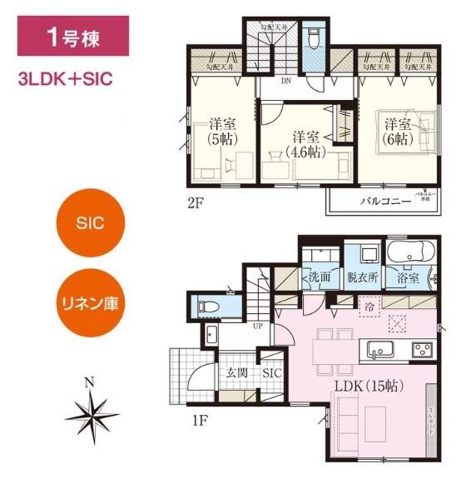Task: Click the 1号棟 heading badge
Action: coord(73,40)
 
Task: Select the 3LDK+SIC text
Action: coord(65,82)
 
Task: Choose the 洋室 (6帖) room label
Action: coord(398,132)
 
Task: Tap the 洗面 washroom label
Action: coord(320,276)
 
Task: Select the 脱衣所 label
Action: coord(363,276)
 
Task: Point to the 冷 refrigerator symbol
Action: coord(368,307)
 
